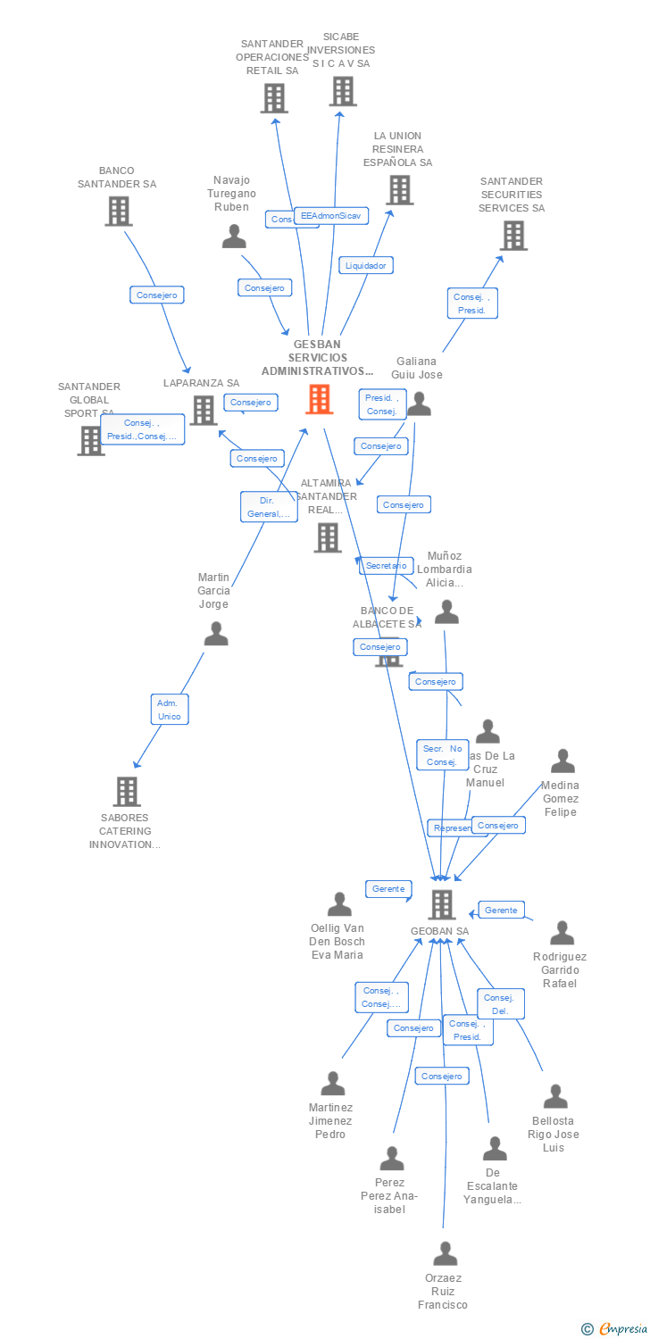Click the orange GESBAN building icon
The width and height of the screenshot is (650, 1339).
(x=319, y=399)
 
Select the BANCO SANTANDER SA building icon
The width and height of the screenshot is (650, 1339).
(x=118, y=211)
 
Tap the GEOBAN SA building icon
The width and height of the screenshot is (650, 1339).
(x=442, y=904)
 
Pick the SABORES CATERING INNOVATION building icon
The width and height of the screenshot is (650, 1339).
(x=127, y=791)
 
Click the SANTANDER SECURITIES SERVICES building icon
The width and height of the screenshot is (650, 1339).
(x=513, y=235)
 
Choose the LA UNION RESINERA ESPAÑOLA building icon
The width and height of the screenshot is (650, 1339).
(x=399, y=189)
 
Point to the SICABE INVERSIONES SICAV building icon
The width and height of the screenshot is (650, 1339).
(x=343, y=91)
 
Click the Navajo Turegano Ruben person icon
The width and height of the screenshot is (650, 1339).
(x=234, y=237)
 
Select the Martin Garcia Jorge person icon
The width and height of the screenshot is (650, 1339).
(x=216, y=634)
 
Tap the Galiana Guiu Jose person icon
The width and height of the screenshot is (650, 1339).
(x=419, y=405)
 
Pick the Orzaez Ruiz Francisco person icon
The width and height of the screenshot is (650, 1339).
(x=445, y=1254)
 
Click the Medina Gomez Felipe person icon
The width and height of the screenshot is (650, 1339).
(x=562, y=761)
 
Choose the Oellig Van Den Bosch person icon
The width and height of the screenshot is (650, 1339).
(x=339, y=904)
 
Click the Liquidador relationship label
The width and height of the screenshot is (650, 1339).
(x=366, y=265)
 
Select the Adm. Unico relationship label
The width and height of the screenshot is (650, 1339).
(x=170, y=710)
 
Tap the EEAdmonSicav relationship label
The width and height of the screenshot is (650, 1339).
(x=331, y=215)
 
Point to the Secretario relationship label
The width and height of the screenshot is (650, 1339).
(x=387, y=565)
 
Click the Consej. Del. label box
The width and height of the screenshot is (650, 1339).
(x=501, y=1004)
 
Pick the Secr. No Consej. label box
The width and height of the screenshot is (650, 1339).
(x=442, y=755)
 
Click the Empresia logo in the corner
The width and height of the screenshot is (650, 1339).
(x=614, y=1329)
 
